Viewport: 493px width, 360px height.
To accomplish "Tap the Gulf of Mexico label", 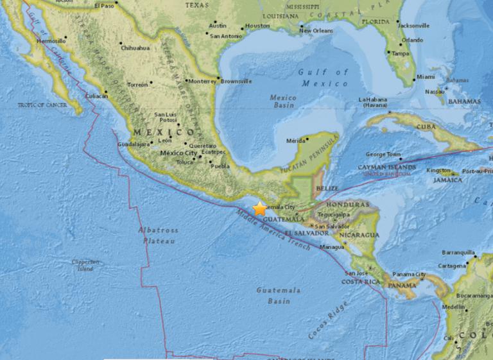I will [323, 78].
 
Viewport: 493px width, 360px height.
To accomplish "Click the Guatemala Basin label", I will [278, 295].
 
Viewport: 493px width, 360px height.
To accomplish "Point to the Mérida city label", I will [295, 141].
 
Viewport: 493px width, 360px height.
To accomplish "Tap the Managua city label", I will [332, 246].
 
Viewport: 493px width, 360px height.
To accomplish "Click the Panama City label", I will [411, 275].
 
